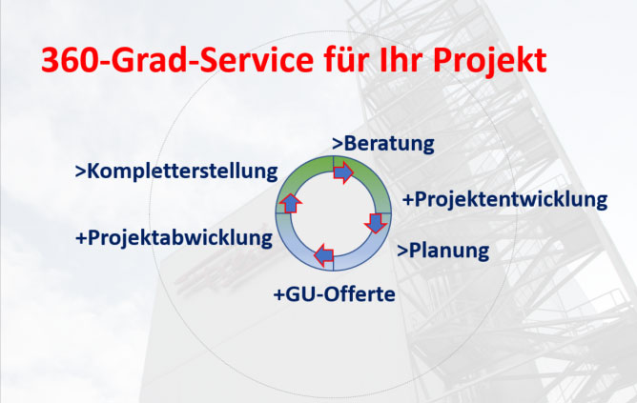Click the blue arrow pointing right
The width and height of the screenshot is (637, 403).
tap(343, 172)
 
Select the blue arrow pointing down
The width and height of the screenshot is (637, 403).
tap(376, 223)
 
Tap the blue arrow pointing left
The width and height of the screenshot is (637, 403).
tap(324, 255)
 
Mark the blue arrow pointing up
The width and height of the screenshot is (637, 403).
tap(291, 203)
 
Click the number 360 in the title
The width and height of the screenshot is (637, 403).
tap(69, 61)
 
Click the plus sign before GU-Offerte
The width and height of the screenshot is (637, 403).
tap(279, 295)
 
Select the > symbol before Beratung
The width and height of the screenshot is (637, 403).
tap(338, 145)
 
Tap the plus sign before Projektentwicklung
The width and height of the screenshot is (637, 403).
tap(408, 200)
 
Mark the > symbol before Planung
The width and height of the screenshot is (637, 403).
tap(402, 252)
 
